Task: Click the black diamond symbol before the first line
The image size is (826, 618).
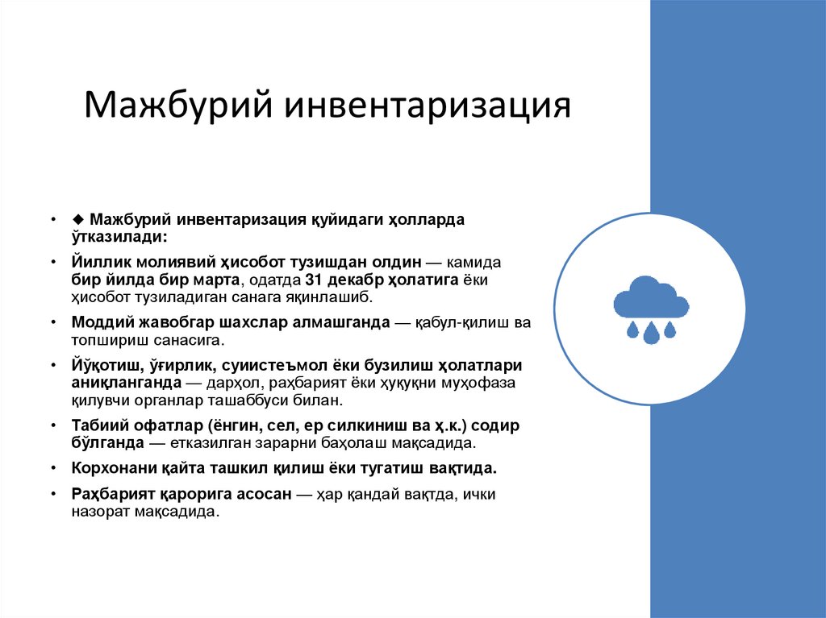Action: click(77, 219)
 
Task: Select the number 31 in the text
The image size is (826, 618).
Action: click(313, 280)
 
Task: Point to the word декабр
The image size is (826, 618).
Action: click(352, 280)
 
